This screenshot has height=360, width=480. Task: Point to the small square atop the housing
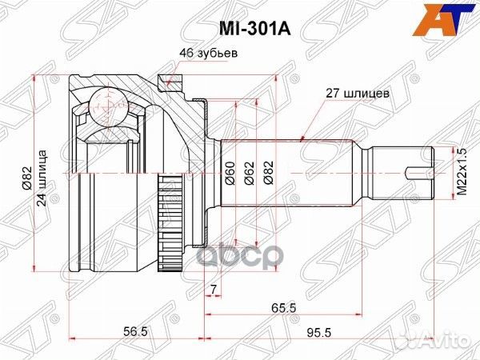pos(165,79)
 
